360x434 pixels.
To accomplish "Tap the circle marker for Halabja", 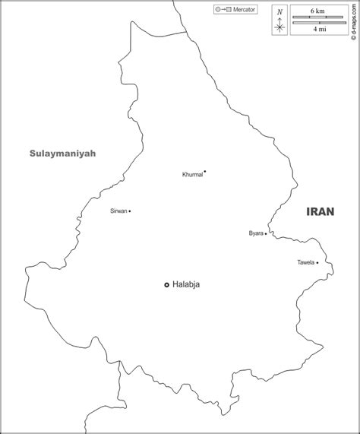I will [x=167, y=284].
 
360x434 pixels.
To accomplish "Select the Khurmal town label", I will [x=192, y=175].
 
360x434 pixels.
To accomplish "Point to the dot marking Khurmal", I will [x=205, y=171].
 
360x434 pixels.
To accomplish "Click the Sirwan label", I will [x=118, y=211].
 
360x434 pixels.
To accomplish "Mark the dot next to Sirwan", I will [x=130, y=211].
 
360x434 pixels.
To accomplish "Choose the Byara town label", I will [x=255, y=233].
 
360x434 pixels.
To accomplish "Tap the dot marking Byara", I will [x=266, y=234].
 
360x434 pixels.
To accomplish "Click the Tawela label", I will [x=305, y=263].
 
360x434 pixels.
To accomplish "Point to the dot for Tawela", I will [x=317, y=263].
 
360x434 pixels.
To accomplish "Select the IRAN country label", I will [x=321, y=213].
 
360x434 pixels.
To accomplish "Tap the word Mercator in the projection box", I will [x=244, y=10].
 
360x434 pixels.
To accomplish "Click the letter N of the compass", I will [x=279, y=12].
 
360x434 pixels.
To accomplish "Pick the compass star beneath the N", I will [x=279, y=27].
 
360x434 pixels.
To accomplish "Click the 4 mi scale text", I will [x=317, y=29].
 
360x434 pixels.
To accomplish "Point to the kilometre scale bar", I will [x=317, y=17].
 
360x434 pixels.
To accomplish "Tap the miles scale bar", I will [x=317, y=23].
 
